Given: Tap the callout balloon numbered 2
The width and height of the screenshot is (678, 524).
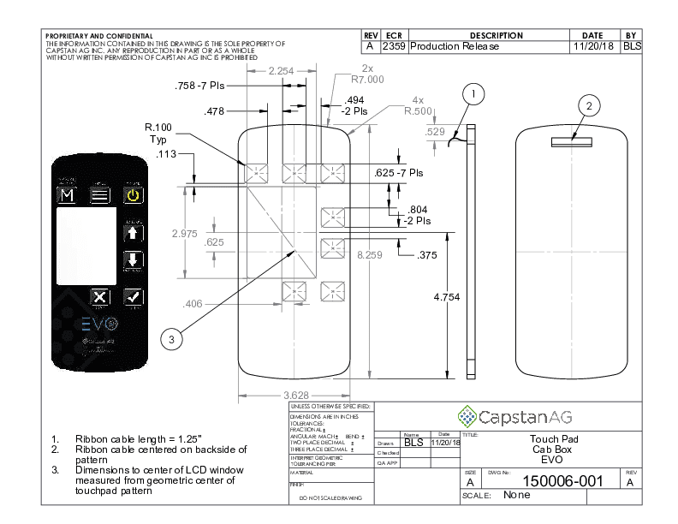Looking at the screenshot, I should click(588, 105).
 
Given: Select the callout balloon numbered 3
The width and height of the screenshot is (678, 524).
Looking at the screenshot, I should click(172, 340).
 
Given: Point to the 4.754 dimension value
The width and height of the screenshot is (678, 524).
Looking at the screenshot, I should click(447, 296).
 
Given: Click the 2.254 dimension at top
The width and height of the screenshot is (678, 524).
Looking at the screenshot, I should click(282, 71).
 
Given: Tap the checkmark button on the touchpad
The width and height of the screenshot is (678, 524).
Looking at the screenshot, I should click(133, 297).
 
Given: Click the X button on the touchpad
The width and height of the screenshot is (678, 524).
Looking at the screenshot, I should click(100, 297).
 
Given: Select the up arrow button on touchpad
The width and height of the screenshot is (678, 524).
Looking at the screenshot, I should click(133, 231).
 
